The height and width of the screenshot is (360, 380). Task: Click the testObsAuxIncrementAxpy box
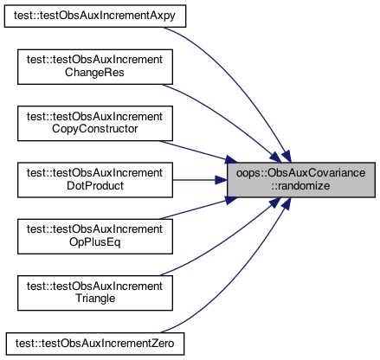coord(95,16)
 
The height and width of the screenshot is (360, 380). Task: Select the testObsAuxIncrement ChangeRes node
coord(95,67)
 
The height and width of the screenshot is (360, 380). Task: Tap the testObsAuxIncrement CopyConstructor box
coord(95,124)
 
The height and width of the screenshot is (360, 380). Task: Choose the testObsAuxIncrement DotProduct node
coord(95,180)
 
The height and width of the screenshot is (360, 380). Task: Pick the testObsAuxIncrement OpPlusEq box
coord(95,236)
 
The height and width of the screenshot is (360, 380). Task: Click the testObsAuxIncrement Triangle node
coord(95,293)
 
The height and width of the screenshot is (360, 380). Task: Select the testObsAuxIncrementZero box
coord(95,344)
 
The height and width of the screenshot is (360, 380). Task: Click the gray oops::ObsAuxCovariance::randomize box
coord(301,180)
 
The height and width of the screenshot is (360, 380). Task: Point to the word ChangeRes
coord(94,73)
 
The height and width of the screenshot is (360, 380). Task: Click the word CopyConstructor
coord(94,129)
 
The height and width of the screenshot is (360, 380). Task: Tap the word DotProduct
coord(95,185)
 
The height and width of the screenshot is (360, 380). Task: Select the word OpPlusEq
coord(94,242)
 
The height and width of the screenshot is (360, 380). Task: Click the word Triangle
coord(95,299)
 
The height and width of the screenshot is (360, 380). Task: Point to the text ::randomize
coord(300,186)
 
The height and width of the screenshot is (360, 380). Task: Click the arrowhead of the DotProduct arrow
coord(221,180)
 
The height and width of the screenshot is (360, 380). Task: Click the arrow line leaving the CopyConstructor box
coord(197,151)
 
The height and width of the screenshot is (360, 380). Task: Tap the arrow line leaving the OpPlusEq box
coord(197,209)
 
